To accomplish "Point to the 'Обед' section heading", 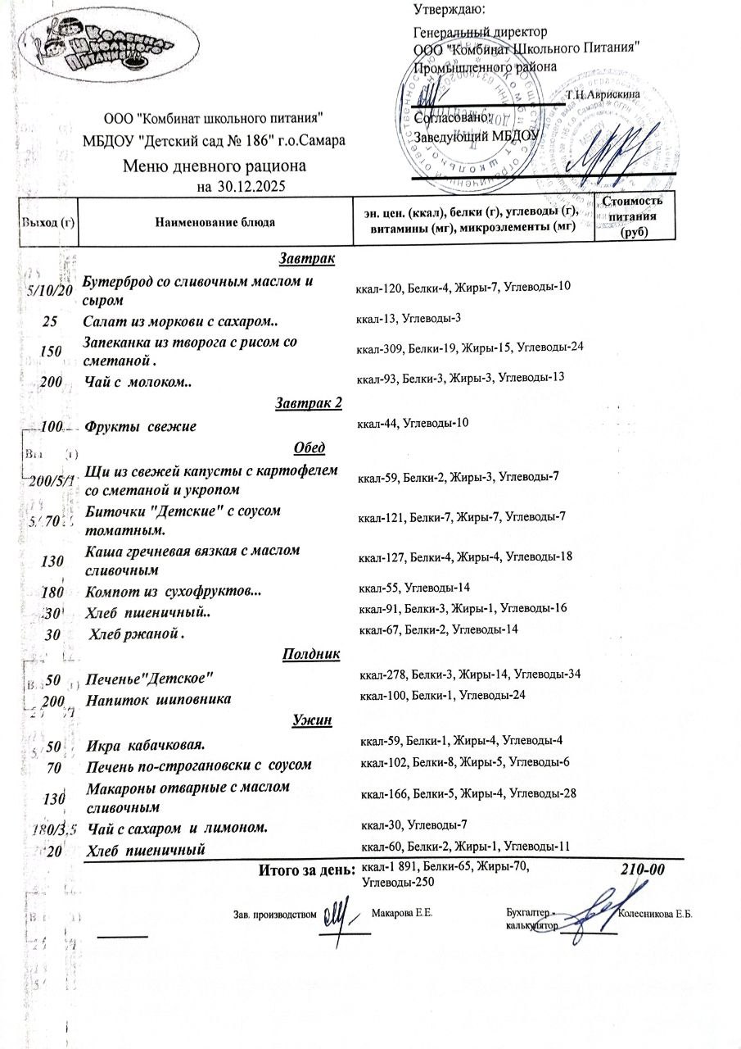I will coord(309,447).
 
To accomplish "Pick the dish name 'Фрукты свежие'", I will coord(141,426).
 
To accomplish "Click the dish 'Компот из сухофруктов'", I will coord(174,591).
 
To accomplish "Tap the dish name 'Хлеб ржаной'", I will coord(136,633).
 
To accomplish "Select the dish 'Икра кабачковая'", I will coord(145,746).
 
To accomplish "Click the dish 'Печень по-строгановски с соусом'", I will coord(199,765).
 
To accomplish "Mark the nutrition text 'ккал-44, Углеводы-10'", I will coord(413,423).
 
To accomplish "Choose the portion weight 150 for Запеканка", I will coord(52,352).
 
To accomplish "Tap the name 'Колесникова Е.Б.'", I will coord(656,915).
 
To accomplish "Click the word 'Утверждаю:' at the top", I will coord(450,10).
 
